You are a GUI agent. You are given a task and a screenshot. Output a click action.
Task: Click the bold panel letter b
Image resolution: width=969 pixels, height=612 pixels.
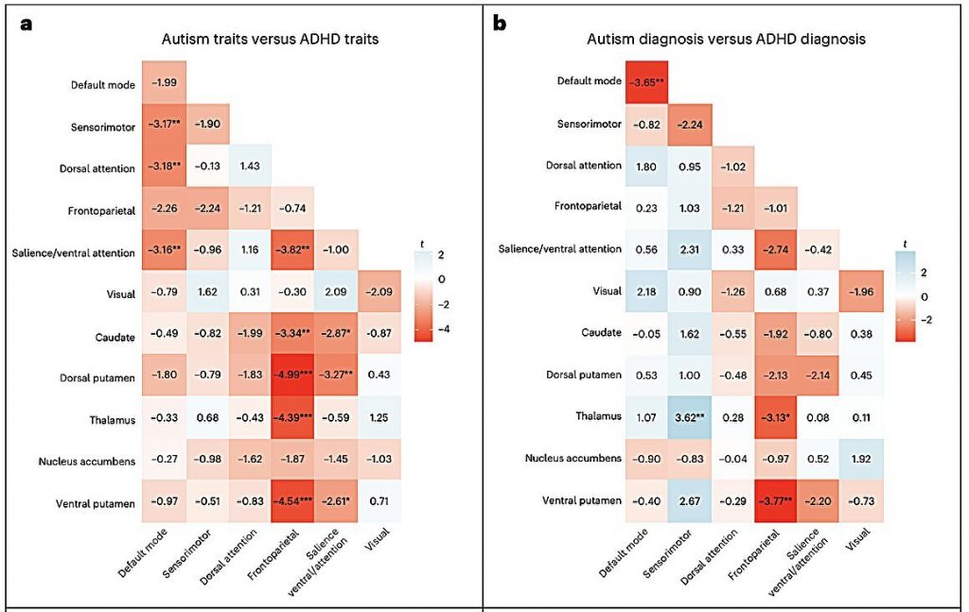point(500,24)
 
